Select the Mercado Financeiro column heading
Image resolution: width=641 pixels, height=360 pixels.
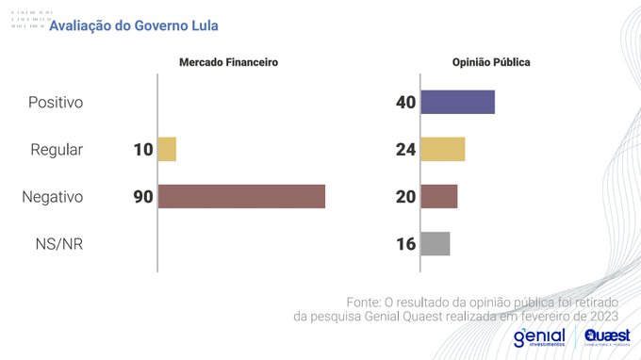tap(229, 62)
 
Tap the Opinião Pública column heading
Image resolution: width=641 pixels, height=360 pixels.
tap(490, 62)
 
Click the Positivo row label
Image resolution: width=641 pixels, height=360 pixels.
tap(56, 102)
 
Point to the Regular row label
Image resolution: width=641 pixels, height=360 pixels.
tap(56, 149)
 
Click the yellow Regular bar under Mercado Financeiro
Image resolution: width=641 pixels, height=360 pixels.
tap(167, 149)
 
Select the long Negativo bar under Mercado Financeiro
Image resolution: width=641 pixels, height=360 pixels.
tap(241, 196)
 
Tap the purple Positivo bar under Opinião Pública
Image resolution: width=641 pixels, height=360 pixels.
tap(457, 102)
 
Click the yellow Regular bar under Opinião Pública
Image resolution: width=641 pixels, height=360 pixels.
tap(442, 149)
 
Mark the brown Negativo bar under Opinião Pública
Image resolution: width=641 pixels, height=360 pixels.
tap(438, 196)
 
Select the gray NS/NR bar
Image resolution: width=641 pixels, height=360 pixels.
tap(435, 243)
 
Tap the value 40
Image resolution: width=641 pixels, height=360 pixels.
tap(406, 102)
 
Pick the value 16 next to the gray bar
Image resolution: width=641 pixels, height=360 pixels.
tap(406, 243)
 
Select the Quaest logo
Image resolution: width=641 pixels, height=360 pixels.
tap(607, 337)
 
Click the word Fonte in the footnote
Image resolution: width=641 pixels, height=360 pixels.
tap(364, 302)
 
